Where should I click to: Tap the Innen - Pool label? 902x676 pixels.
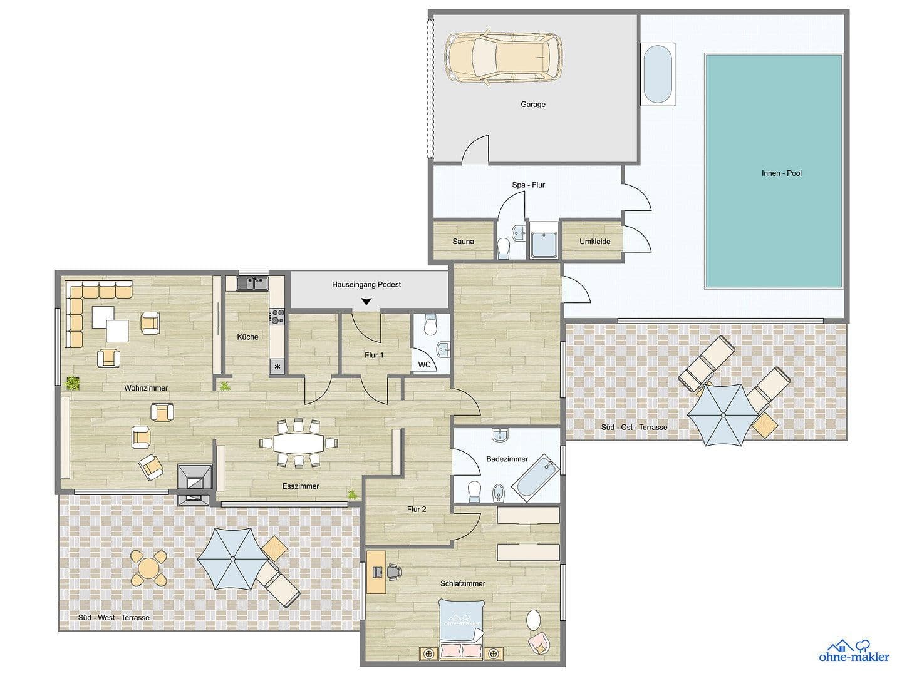pos(781,173)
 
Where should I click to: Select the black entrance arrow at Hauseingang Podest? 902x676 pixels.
pos(366,302)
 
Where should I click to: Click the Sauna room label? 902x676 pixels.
pos(463,242)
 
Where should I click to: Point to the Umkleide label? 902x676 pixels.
pos(594,242)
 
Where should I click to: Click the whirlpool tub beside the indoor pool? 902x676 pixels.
pos(658,74)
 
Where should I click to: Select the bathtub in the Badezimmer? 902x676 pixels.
pos(534,479)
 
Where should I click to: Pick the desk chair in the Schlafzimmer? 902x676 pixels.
pos(394,571)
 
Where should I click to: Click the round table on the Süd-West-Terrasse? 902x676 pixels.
pos(149,568)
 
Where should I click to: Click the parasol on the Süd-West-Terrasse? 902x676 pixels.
pos(232,559)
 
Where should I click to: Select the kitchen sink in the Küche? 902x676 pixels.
pos(252,283)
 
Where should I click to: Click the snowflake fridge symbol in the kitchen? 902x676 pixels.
pos(277,367)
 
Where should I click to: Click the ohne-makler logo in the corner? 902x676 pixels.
pos(854,651)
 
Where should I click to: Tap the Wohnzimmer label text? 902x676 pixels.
pos(146,388)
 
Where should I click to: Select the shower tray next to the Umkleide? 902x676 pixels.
pos(544,240)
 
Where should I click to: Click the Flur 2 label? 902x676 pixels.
pos(416,509)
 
